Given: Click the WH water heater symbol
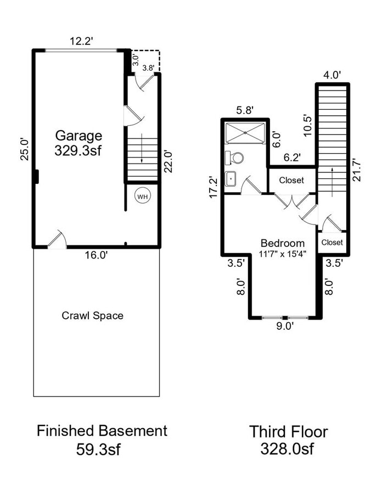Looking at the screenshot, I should click(142, 197).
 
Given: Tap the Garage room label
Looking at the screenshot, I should click(78, 136).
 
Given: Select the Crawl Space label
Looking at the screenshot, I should click(92, 316).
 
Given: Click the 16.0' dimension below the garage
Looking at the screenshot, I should click(95, 255).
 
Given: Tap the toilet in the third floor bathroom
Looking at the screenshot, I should click(235, 158).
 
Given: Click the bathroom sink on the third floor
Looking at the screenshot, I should click(231, 178).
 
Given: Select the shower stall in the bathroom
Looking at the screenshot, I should click(245, 132).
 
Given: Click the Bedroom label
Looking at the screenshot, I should click(282, 243).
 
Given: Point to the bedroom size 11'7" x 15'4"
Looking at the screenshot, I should click(282, 254).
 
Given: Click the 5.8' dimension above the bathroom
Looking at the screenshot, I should click(244, 110).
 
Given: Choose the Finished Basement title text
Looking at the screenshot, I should click(102, 431).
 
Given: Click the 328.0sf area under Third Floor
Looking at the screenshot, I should click(288, 449).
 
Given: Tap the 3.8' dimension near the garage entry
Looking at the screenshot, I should click(148, 68).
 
